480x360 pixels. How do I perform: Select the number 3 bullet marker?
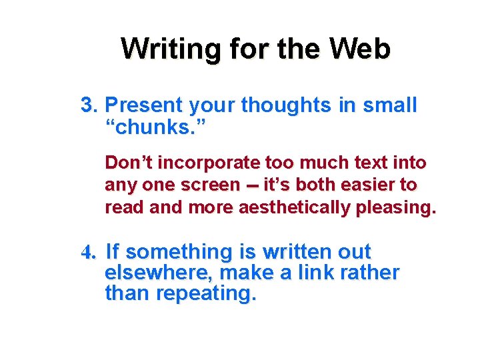89,105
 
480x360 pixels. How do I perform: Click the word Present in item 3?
144,105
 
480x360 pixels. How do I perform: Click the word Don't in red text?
128,163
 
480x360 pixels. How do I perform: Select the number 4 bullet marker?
89,253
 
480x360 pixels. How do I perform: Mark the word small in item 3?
390,105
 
